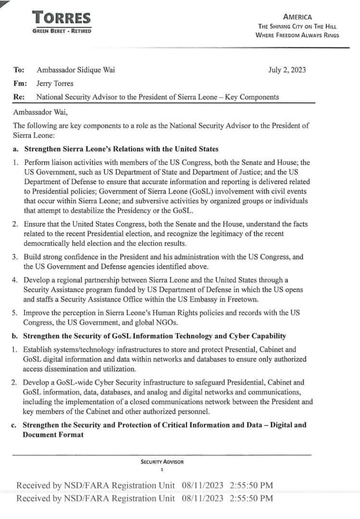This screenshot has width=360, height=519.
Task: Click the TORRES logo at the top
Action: [x=62, y=18]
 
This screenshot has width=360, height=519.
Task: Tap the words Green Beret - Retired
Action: [x=62, y=31]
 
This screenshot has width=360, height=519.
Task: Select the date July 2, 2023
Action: [x=287, y=70]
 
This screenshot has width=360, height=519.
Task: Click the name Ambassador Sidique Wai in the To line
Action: [x=76, y=70]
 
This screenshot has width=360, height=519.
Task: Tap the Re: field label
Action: [x=19, y=97]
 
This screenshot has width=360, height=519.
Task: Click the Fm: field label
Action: [x=20, y=83]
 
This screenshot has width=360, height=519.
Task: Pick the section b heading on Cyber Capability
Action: [x=155, y=335]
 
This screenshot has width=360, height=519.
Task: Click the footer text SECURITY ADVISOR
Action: [x=162, y=462]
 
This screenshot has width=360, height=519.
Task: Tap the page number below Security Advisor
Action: [x=162, y=470]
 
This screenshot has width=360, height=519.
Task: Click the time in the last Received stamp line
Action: [x=252, y=498]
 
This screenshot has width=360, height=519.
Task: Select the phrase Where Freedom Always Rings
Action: [x=297, y=35]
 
